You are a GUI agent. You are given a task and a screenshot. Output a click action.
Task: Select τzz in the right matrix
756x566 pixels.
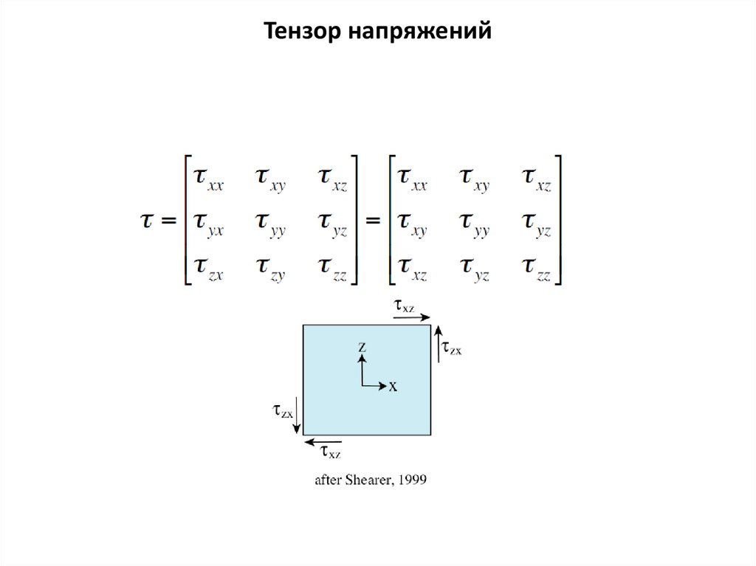pyautogui.click(x=537, y=266)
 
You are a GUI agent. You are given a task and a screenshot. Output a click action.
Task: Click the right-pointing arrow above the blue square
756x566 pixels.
pyautogui.click(x=412, y=318)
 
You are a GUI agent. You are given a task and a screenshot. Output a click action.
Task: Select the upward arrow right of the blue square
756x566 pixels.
pyautogui.click(x=438, y=342)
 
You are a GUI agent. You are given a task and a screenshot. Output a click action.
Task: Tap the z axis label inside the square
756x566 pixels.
pyautogui.click(x=362, y=345)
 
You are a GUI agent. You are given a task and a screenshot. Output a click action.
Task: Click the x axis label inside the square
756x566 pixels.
pyautogui.click(x=394, y=386)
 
